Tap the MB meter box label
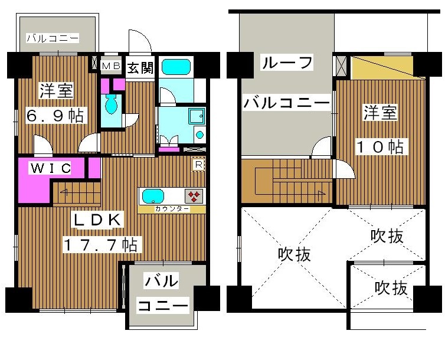click(x=110, y=66)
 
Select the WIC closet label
click(x=51, y=169)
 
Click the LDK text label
click(x=97, y=220)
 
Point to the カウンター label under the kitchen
click(x=172, y=209)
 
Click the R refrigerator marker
click(x=199, y=165)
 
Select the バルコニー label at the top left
click(x=53, y=39)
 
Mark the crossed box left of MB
click(x=94, y=63)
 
